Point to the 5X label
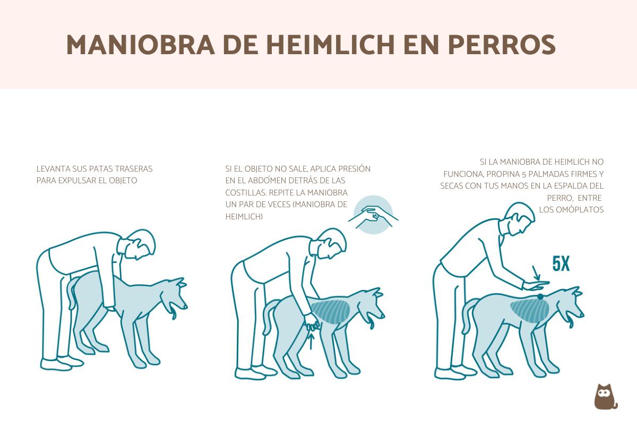click(x=561, y=264)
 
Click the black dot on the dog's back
click(x=540, y=297)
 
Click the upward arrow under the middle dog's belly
click(x=312, y=338)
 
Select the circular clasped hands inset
click(x=373, y=215)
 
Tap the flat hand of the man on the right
click(x=536, y=286)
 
